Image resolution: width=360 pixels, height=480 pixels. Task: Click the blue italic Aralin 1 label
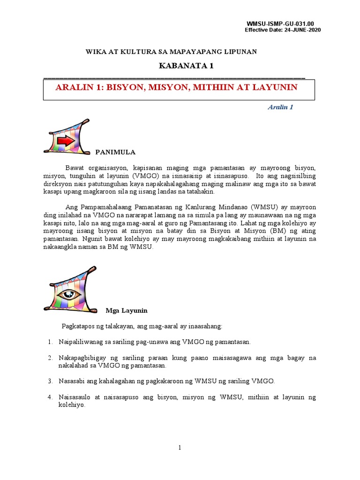pyautogui.click(x=280, y=107)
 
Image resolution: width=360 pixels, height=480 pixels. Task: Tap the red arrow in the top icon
pyautogui.click(x=66, y=140)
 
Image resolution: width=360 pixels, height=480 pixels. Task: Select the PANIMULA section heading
pyautogui.click(x=115, y=152)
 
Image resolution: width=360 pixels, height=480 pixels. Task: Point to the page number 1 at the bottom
pyautogui.click(x=180, y=448)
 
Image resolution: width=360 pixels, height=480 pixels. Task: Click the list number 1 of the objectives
pyautogui.click(x=50, y=342)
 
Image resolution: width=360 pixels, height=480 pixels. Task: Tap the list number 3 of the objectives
pyautogui.click(x=50, y=381)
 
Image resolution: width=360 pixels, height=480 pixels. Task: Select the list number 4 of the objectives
pyautogui.click(x=50, y=397)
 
